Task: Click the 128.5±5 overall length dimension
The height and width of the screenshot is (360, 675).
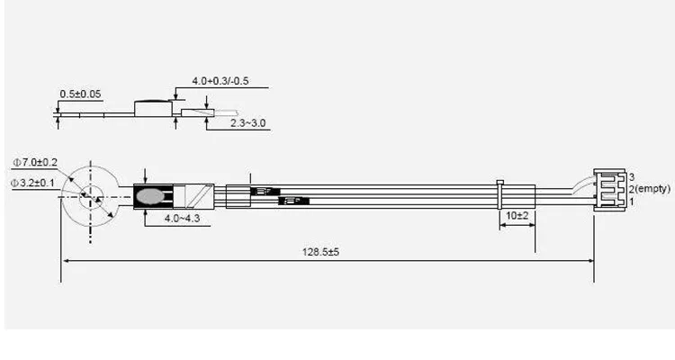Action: click(320, 252)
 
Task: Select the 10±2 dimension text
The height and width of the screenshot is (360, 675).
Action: click(517, 215)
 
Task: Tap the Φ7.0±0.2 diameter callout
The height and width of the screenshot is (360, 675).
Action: click(35, 162)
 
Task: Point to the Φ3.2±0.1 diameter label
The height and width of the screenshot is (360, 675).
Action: click(32, 183)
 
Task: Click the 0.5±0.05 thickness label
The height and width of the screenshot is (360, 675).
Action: click(80, 94)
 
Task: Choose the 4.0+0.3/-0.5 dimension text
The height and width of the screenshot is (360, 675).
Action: click(220, 81)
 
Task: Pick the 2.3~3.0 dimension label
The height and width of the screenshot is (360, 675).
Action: click(248, 122)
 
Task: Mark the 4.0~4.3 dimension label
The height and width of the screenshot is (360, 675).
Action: click(182, 219)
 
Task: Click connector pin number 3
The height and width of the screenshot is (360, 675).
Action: click(632, 177)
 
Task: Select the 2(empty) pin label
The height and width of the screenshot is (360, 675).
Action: click(650, 189)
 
